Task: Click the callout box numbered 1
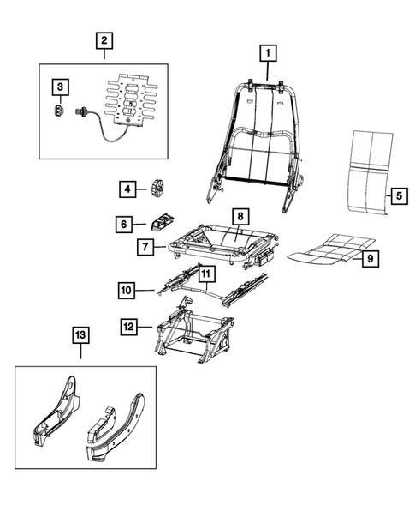click(x=268, y=53)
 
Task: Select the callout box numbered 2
click(x=104, y=41)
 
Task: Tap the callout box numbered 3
click(x=61, y=87)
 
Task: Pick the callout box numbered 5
click(x=399, y=196)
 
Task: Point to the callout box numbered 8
click(x=240, y=217)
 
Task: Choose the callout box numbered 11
click(x=205, y=274)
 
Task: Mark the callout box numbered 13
click(x=80, y=335)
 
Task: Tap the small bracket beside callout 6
click(x=162, y=223)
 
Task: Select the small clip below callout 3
click(x=58, y=111)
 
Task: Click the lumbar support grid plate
click(x=133, y=99)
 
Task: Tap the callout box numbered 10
click(x=127, y=291)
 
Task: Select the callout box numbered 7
click(x=145, y=247)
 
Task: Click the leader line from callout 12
click(x=145, y=327)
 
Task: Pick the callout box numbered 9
click(x=371, y=259)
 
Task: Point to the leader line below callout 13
click(x=80, y=352)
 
